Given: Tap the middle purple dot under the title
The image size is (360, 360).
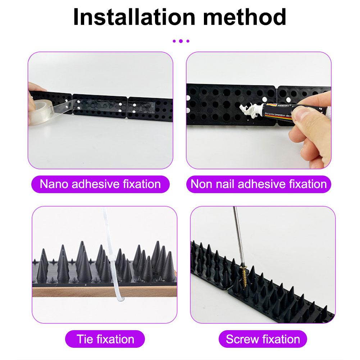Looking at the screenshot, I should [x=180, y=41].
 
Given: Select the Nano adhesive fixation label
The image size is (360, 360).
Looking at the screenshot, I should [x=100, y=184].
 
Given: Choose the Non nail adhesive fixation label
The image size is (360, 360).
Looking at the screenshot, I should [x=259, y=184].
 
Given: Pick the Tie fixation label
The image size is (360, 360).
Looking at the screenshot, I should [x=105, y=339].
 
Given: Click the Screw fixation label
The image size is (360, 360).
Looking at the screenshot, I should [x=263, y=339].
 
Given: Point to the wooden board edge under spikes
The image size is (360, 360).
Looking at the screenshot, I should [x=72, y=292].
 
